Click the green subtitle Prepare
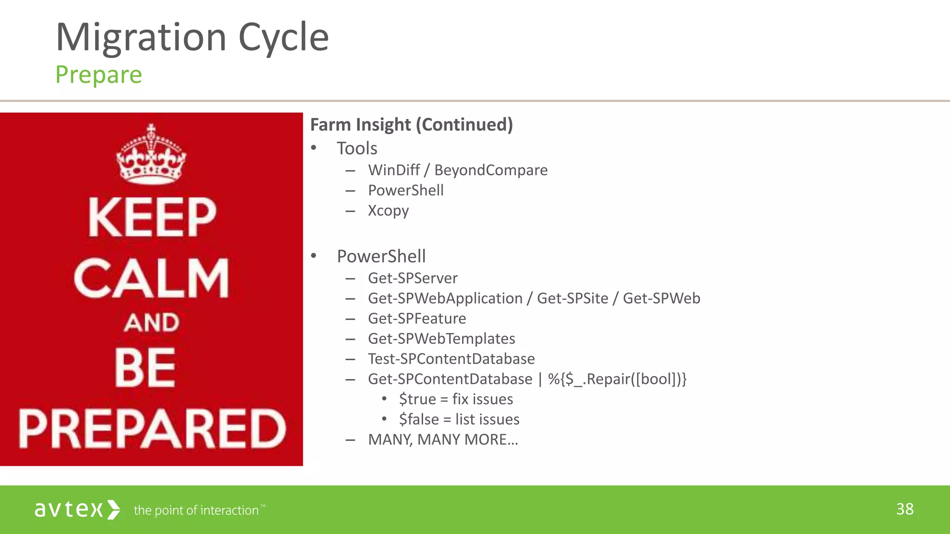pyautogui.click(x=98, y=75)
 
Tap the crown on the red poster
pyautogui.click(x=151, y=155)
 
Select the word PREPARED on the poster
pyautogui.click(x=152, y=428)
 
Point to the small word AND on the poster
pyautogui.click(x=151, y=323)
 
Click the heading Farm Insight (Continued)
pyautogui.click(x=411, y=125)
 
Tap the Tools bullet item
pyautogui.click(x=357, y=148)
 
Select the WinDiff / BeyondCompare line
pyautogui.click(x=457, y=170)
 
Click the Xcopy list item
pyautogui.click(x=388, y=210)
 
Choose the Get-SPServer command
pyautogui.click(x=412, y=278)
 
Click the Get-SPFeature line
pyautogui.click(x=417, y=318)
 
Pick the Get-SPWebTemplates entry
pyautogui.click(x=441, y=339)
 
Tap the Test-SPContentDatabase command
pyautogui.click(x=451, y=359)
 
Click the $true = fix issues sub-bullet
pyautogui.click(x=456, y=399)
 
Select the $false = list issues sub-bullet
pyautogui.click(x=459, y=420)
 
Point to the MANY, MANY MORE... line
pyautogui.click(x=443, y=439)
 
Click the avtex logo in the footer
pyautogui.click(x=77, y=509)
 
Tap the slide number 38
pyautogui.click(x=905, y=509)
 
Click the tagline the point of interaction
pyautogui.click(x=196, y=510)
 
